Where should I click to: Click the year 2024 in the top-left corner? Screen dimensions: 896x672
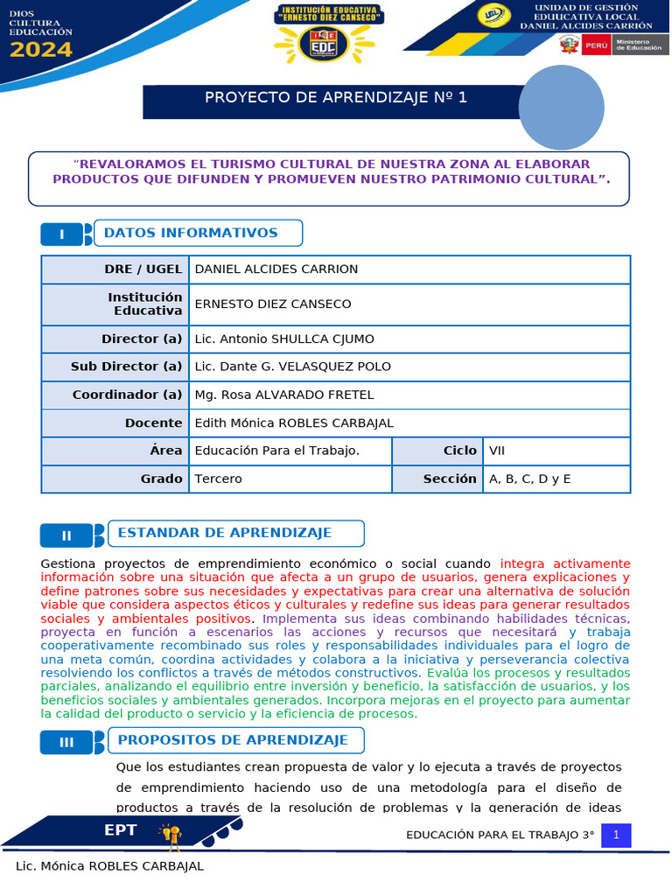coord(41,50)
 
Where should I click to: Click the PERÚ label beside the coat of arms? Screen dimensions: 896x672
coord(596,45)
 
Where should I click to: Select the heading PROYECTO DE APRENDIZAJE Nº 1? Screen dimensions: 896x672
coord(336,97)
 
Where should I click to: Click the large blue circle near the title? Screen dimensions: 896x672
coord(562,108)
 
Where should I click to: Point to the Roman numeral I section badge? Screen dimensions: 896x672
coord(62,234)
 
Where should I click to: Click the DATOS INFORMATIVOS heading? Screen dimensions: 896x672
coord(191,233)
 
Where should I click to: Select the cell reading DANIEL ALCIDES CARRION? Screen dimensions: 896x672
coord(276,269)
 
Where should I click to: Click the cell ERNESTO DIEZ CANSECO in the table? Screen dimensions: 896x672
coord(272,304)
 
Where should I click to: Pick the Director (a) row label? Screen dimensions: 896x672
coord(142,339)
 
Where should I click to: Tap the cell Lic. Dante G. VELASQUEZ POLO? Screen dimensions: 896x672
coord(292,367)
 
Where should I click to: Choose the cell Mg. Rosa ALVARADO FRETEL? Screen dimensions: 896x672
coord(283,395)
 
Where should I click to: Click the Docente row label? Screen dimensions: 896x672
coord(153,423)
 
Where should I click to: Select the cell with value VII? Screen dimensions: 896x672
coord(497,451)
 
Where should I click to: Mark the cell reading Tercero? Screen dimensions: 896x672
coord(218,479)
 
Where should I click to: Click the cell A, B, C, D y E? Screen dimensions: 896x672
coord(529,479)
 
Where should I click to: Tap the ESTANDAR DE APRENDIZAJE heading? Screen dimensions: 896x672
coord(224,533)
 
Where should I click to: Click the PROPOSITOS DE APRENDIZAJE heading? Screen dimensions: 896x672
coord(233,740)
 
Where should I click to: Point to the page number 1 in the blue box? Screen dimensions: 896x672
coord(616,836)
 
